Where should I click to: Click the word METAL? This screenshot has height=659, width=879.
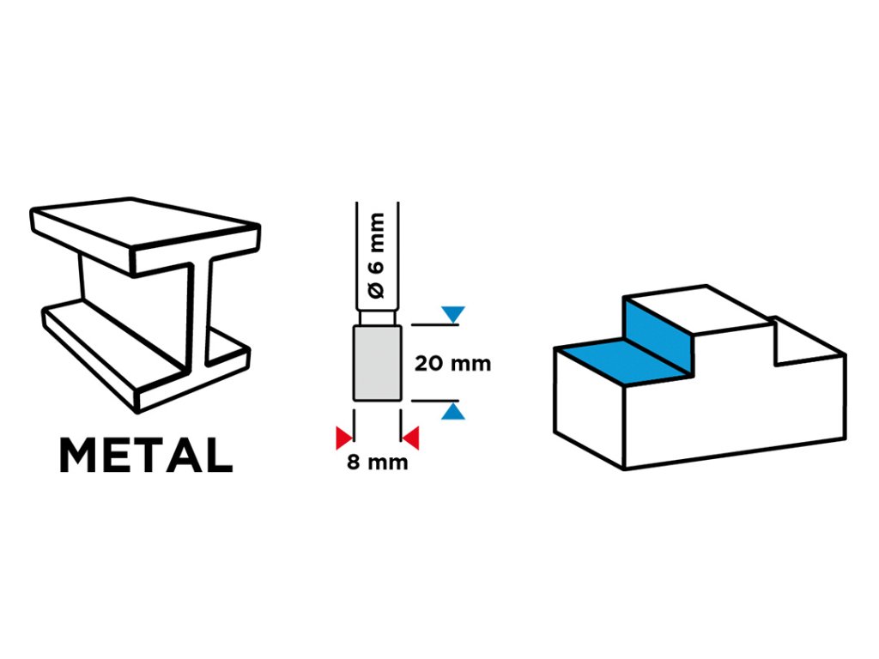[x=146, y=456]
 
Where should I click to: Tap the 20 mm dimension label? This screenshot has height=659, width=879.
[x=452, y=363]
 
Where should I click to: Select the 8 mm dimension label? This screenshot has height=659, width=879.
[x=377, y=464]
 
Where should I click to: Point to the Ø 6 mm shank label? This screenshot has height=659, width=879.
[x=378, y=257]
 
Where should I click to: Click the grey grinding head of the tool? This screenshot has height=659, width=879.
[x=377, y=362]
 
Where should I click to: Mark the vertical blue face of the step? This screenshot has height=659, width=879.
[x=656, y=335]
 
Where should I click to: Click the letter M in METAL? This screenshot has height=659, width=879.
[x=79, y=456]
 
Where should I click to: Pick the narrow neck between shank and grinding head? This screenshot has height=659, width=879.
[x=377, y=317]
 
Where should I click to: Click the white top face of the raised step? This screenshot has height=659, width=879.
[x=695, y=309]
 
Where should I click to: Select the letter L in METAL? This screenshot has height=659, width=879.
[x=218, y=456]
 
